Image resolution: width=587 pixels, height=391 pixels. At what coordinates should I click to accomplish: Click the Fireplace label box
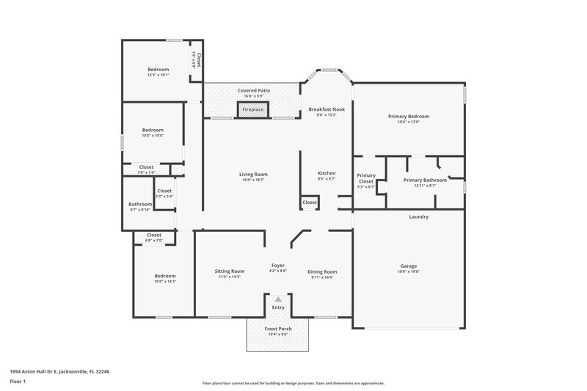[x=252, y=109]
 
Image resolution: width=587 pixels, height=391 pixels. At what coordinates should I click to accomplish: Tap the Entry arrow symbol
[x=278, y=299]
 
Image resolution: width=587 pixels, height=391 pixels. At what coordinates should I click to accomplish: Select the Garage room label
[x=409, y=267]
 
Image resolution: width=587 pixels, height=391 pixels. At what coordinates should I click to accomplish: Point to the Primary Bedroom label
[x=409, y=116]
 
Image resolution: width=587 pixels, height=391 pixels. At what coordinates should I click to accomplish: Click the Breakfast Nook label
[x=326, y=109]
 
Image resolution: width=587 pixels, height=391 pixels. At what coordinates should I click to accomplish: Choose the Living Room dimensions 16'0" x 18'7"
[x=253, y=180]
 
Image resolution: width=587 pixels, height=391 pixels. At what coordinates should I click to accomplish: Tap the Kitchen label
[x=326, y=173]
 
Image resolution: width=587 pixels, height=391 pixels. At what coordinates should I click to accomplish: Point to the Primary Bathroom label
[x=425, y=180]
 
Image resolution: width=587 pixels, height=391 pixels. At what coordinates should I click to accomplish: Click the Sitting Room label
[x=229, y=271]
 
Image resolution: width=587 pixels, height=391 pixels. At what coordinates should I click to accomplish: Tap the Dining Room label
[x=322, y=271]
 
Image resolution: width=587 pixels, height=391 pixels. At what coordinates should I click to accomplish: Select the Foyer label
[x=278, y=265]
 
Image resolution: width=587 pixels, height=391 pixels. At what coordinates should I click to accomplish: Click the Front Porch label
[x=278, y=329]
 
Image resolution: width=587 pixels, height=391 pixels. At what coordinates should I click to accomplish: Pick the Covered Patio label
[x=252, y=90]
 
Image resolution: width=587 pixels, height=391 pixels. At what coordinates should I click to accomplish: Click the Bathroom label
[x=140, y=204]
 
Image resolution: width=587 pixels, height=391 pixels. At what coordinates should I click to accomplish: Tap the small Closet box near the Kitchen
[x=310, y=202]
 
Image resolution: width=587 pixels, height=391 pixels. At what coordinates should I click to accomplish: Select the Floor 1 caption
[x=17, y=382]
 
